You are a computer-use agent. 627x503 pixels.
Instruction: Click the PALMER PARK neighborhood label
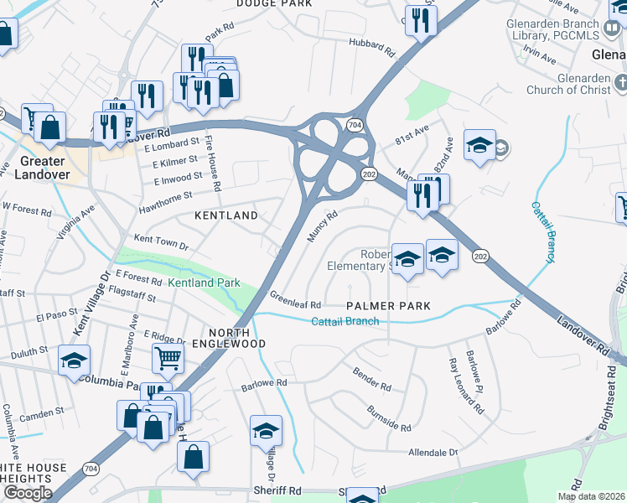pyautogui.click(x=389, y=306)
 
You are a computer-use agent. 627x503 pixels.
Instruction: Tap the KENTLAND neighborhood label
pyautogui.click(x=226, y=215)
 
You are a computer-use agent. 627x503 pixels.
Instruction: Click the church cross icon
pyautogui.click(x=620, y=82)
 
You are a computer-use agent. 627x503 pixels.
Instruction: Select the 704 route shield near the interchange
pyautogui.click(x=355, y=125)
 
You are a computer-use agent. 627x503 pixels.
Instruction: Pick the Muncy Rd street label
pyautogui.click(x=322, y=226)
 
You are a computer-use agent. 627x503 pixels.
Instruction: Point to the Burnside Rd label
pyautogui.click(x=389, y=418)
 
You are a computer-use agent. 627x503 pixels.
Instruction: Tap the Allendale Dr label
pyautogui.click(x=433, y=452)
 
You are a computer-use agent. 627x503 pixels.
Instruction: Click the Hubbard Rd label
pyautogui.click(x=371, y=45)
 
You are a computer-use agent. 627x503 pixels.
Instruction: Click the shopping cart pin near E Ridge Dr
pyautogui.click(x=168, y=359)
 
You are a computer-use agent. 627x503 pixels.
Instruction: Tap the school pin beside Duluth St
pyautogui.click(x=74, y=361)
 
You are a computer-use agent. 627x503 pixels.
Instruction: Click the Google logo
pyautogui.click(x=28, y=493)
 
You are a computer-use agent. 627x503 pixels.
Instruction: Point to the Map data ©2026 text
pyautogui.click(x=592, y=496)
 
